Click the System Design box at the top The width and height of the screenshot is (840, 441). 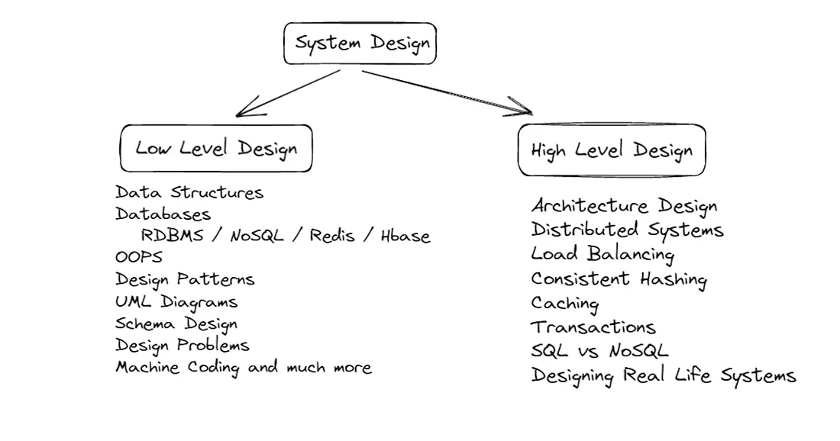360,43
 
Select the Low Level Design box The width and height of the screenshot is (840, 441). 216,148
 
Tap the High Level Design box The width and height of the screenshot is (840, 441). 612,150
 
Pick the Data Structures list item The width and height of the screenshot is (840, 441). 189,192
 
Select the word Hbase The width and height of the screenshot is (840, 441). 405,235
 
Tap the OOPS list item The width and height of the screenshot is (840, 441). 139,257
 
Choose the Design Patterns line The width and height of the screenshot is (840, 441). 185,279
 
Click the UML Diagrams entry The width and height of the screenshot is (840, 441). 176,302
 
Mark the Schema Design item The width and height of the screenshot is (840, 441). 176,324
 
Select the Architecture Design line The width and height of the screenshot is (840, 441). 624,207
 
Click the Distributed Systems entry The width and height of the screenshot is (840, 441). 627,230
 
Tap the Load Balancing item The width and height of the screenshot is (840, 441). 603,254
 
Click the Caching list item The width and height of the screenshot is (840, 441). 565,304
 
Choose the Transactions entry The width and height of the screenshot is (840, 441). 593,327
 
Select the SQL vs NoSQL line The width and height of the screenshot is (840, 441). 599,351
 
